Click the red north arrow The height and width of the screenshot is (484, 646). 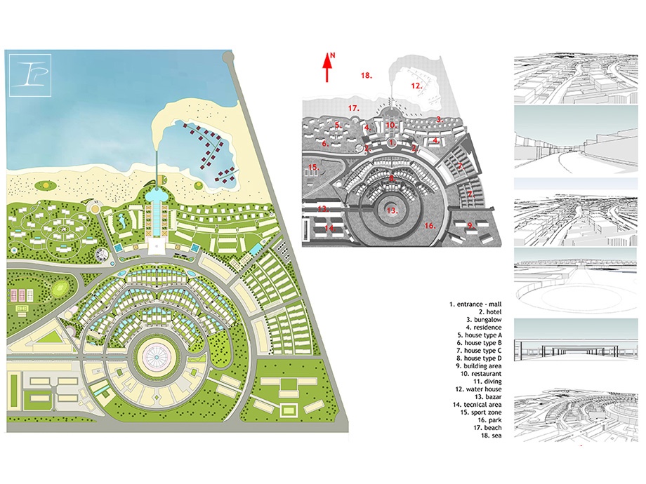click(x=327, y=67)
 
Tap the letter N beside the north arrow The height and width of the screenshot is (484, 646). click(x=333, y=55)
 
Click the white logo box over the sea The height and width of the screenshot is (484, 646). click(x=30, y=75)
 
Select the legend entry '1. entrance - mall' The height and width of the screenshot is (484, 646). click(x=475, y=304)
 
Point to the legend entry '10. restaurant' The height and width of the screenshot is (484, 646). click(x=481, y=374)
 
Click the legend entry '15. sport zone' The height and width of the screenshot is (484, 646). click(x=481, y=412)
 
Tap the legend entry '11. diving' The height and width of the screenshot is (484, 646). click(x=487, y=382)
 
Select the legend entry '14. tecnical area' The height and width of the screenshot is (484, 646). click(x=477, y=405)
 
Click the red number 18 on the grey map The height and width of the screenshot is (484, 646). click(x=367, y=75)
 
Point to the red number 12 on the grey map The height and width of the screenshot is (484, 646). click(x=416, y=86)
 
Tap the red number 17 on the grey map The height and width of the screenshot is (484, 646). click(x=353, y=108)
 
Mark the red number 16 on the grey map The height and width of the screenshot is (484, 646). click(x=430, y=226)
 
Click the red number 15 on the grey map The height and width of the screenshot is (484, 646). click(x=314, y=167)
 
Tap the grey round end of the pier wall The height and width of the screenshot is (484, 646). click(x=228, y=58)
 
